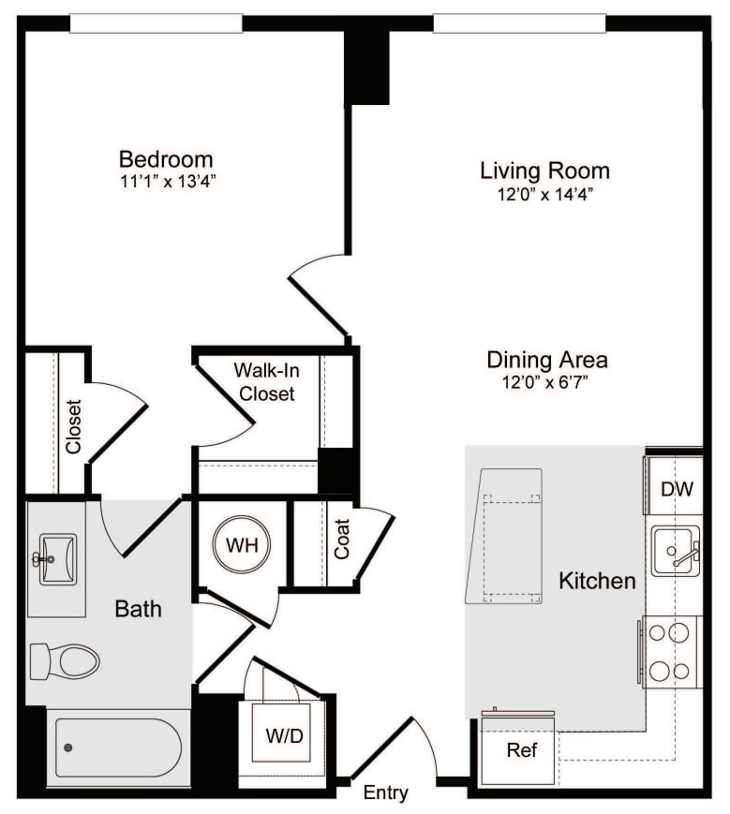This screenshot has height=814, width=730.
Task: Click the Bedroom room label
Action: [165, 158]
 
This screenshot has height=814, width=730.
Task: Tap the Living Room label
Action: [544, 170]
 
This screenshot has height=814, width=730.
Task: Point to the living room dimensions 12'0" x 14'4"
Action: [544, 194]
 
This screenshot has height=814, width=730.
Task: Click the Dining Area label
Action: [546, 360]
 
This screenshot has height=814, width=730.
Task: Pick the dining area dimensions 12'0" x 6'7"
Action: [546, 382]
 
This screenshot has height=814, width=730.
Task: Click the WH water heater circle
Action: [241, 543]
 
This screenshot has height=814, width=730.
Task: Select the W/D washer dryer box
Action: [285, 735]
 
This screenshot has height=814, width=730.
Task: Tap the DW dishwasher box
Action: [676, 488]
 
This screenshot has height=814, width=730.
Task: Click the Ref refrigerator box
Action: [520, 750]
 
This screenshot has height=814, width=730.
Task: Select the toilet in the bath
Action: [66, 660]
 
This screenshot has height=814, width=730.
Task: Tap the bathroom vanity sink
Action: [56, 560]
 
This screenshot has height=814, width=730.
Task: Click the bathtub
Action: [117, 747]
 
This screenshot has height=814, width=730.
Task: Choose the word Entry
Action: [385, 793]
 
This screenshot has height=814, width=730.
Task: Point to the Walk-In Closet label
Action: [265, 381]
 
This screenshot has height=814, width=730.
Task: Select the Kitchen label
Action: [597, 581]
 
